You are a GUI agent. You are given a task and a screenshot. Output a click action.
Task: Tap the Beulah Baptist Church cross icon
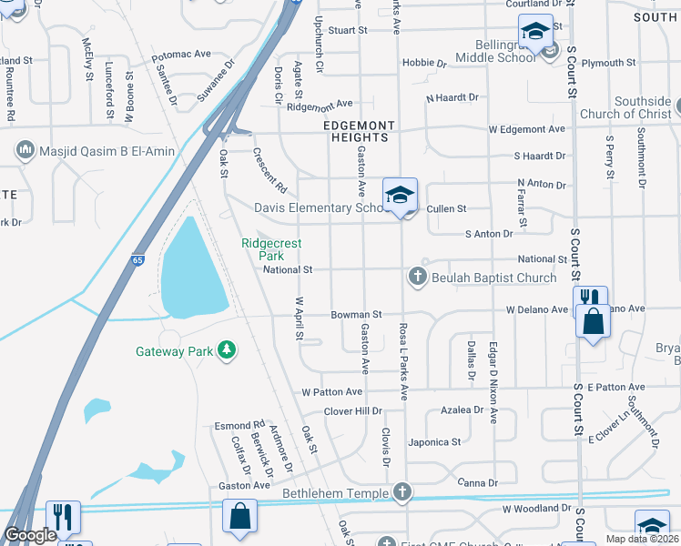click(418, 277)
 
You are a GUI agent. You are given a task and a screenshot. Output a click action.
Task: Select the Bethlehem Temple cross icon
click(401, 492)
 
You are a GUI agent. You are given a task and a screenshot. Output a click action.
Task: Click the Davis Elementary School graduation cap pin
click(400, 196)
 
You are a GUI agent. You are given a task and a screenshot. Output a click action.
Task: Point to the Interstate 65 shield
click(136, 260)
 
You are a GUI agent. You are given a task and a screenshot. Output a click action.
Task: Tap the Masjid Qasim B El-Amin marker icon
click(25, 148)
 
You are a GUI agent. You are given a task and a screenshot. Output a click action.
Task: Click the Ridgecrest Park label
click(271, 249)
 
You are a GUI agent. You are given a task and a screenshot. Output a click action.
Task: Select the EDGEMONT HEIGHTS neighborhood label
click(360, 131)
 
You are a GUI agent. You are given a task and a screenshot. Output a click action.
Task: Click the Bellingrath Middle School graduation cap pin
click(535, 32)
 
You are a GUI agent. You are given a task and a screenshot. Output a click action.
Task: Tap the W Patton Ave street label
click(332, 391)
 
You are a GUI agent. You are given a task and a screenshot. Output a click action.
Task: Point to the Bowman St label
click(349, 315)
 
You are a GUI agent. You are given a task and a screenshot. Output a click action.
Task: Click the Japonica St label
click(434, 442)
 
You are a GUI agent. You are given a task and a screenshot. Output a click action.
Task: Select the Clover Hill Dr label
click(354, 411)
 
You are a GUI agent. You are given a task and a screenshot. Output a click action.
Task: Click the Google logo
click(30, 535)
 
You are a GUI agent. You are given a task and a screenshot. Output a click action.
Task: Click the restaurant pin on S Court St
click(589, 298)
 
